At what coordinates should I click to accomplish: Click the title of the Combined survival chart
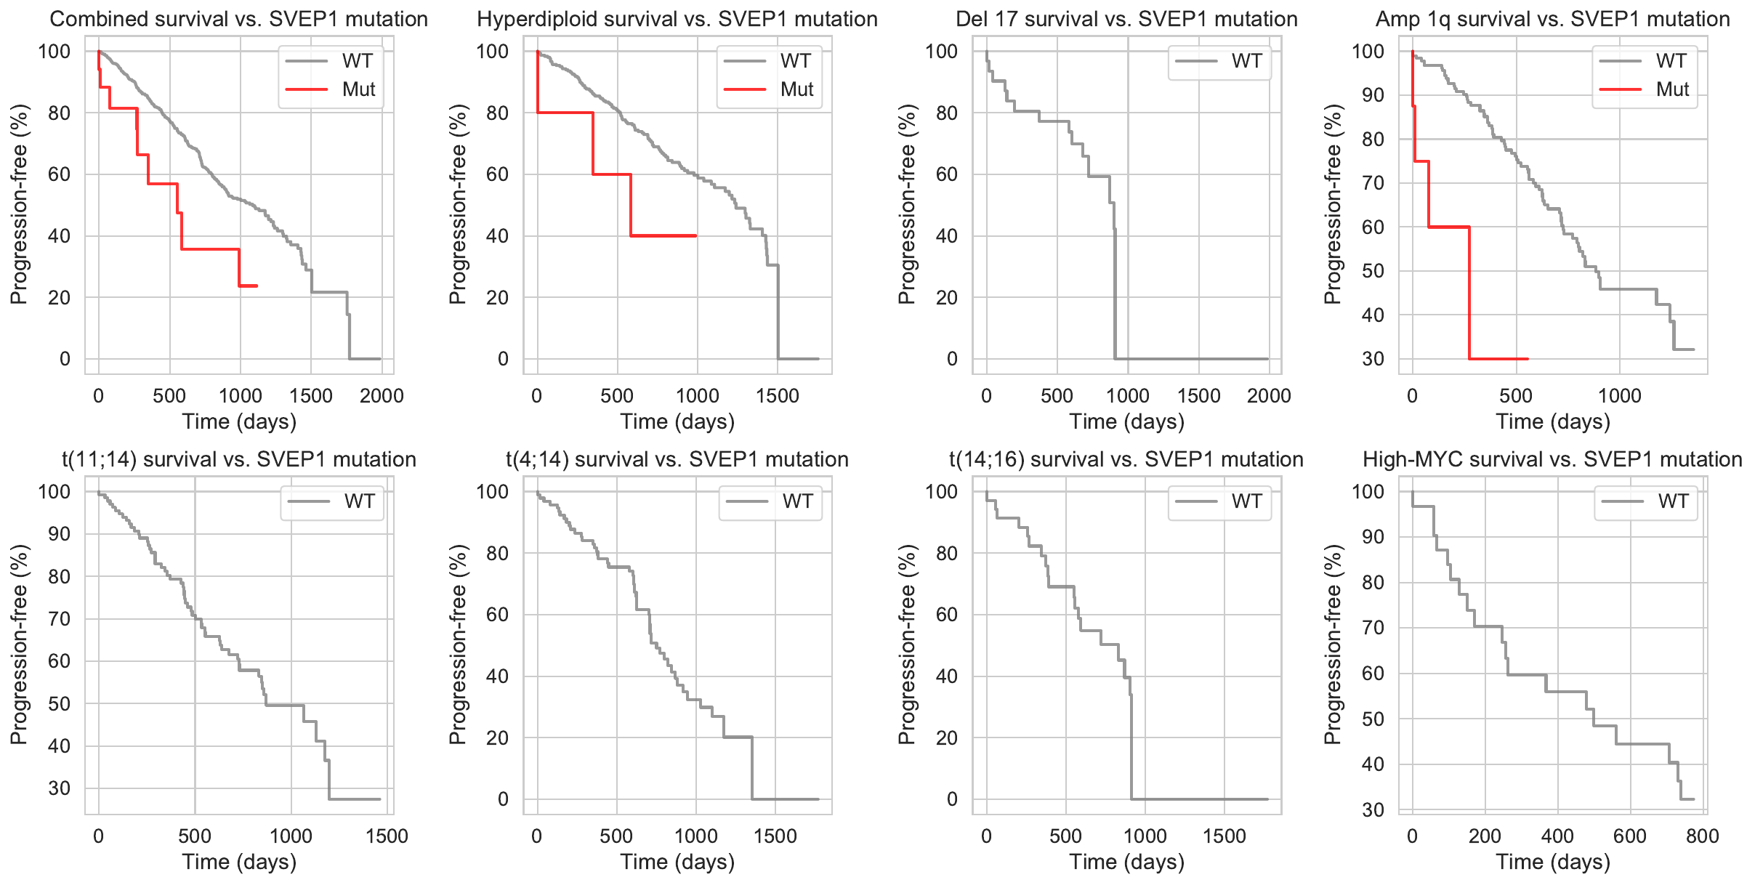[x=238, y=19]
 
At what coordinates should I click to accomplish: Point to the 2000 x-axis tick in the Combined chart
[x=382, y=396]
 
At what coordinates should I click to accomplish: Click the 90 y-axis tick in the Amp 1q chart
[x=1373, y=95]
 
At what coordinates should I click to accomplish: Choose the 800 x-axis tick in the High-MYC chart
[x=1702, y=836]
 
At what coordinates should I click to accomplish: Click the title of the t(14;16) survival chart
[x=1126, y=459]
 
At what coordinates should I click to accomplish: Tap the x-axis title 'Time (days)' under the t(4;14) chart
[x=677, y=862]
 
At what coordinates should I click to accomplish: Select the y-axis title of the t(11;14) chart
[x=19, y=644]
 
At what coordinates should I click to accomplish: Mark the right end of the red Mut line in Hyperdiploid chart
[x=696, y=235]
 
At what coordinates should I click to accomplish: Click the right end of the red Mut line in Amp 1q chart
[x=1528, y=359]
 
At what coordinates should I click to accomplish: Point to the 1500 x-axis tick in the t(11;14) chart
[x=387, y=836]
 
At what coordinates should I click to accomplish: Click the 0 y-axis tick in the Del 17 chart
[x=951, y=359]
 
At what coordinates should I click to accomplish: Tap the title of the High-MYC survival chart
[x=1552, y=459]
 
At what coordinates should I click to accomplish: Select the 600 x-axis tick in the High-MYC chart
[x=1629, y=836]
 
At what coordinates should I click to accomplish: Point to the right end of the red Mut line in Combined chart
[x=257, y=286]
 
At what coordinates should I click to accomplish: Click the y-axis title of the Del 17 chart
[x=906, y=204]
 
